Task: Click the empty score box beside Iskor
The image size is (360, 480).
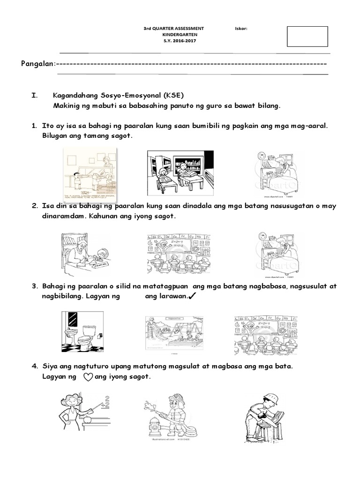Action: tap(307, 37)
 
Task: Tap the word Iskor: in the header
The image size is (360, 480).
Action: tap(241, 29)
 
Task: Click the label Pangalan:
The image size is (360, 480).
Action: tap(38, 64)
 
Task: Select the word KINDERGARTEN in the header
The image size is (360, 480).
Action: tap(173, 35)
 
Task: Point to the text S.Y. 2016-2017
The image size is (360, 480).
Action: tap(173, 41)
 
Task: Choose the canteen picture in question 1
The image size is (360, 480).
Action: tap(90, 172)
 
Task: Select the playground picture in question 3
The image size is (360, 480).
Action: tap(174, 333)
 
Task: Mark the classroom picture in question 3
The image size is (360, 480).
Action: tap(265, 333)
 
